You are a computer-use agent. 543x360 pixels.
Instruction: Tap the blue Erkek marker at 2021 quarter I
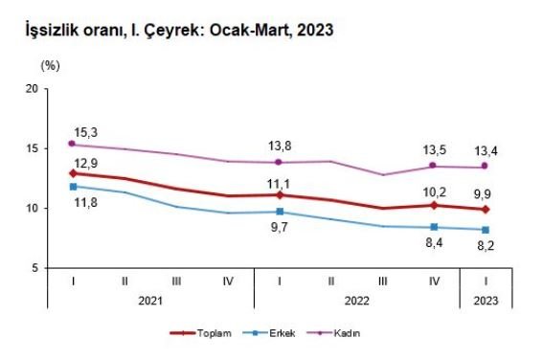coord(73,187)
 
